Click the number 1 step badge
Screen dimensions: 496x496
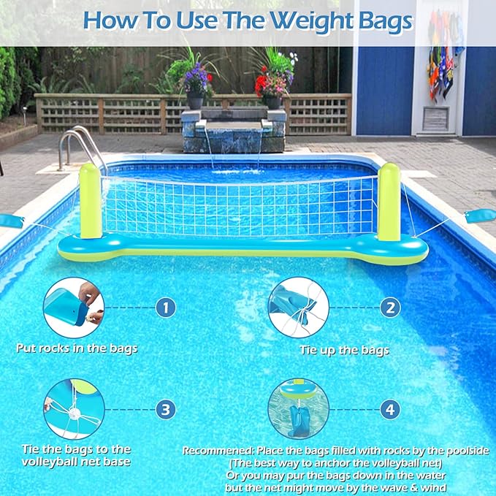[166, 308]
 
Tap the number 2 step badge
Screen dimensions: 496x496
[391, 308]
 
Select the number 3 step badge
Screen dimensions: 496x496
[166, 408]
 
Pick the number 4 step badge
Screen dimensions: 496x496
[391, 408]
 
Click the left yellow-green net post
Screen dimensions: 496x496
[90, 202]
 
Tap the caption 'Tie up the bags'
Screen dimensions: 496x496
[344, 350]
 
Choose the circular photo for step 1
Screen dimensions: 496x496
[73, 308]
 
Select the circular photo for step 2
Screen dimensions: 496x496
[297, 308]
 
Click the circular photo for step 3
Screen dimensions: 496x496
[73, 408]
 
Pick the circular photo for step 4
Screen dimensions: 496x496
[297, 408]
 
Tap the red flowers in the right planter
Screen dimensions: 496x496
[272, 82]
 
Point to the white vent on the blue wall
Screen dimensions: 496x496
[436, 118]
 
